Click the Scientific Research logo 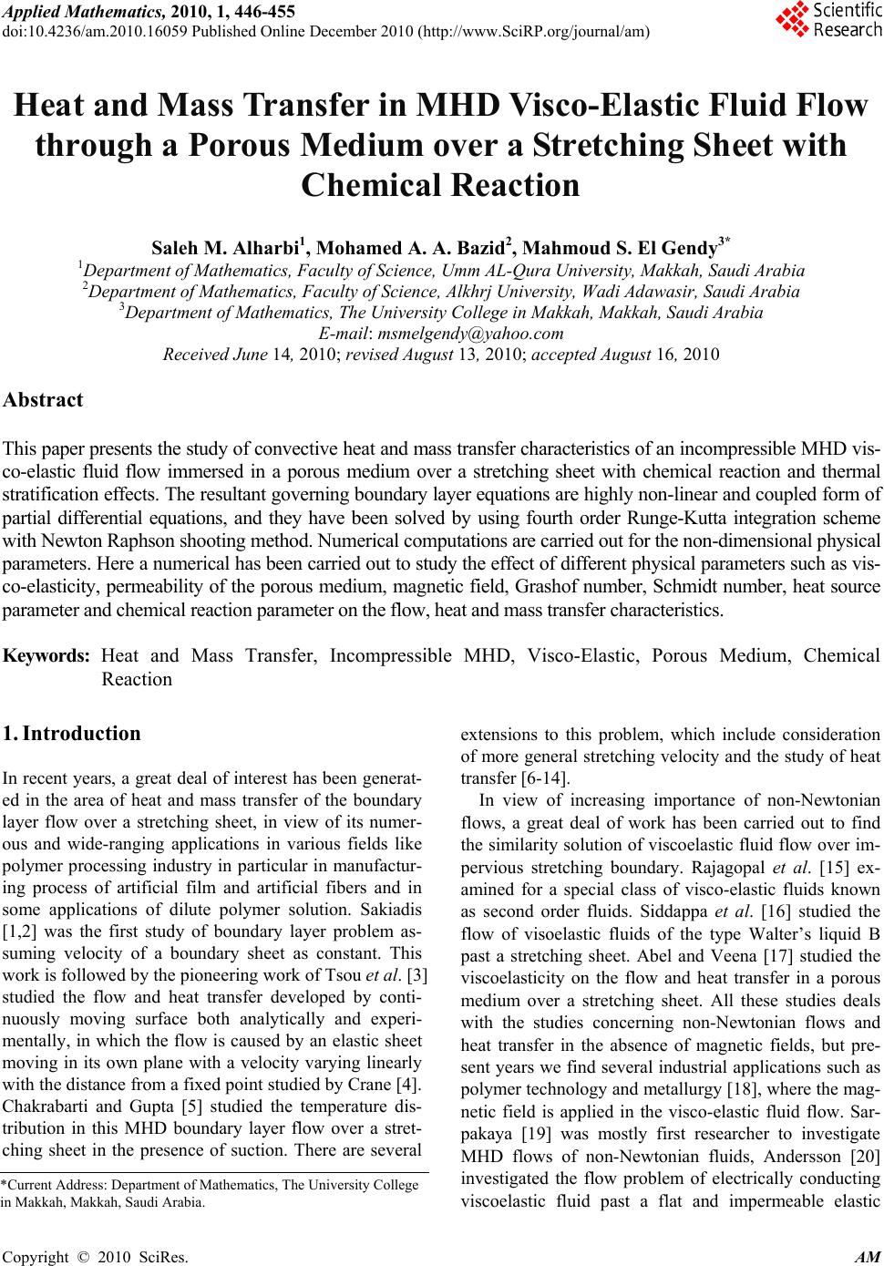click(x=827, y=20)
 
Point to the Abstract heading click(x=43, y=399)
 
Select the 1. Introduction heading click(x=72, y=734)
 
